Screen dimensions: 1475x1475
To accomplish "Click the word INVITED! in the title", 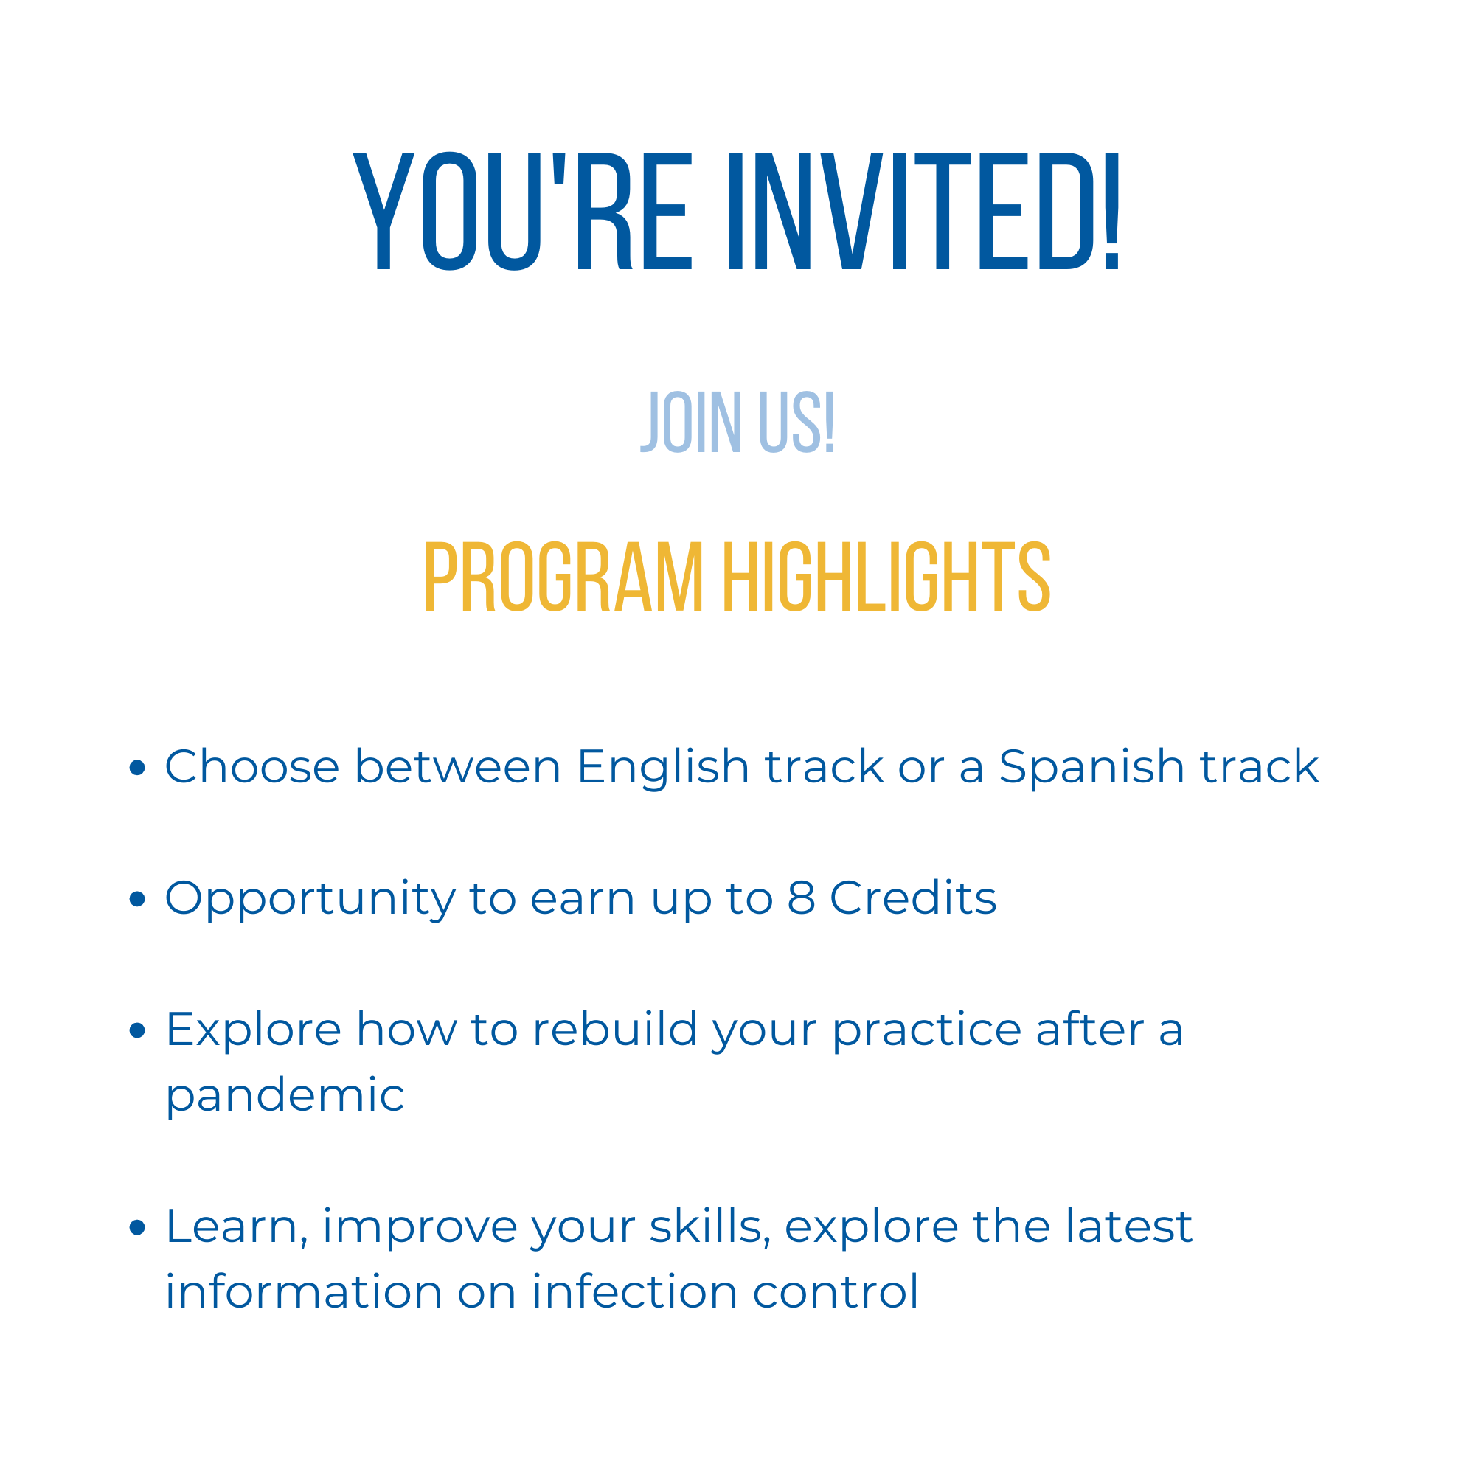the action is [924, 212].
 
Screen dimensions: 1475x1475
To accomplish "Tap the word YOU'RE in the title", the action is [522, 212].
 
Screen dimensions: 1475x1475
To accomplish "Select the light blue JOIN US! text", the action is [737, 422].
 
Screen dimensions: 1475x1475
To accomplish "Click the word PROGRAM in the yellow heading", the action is [563, 577].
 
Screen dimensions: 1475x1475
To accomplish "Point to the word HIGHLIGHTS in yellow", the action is [887, 577].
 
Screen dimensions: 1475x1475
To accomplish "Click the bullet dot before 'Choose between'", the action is [137, 767].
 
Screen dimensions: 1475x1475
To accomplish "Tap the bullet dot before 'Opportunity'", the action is [137, 898].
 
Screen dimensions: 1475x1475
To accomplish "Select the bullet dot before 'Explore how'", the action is [137, 1030].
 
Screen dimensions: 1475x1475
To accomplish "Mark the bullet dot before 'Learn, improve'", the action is [137, 1227].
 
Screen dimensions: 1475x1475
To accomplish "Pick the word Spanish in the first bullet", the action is [1091, 768].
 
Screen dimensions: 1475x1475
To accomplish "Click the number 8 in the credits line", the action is [801, 898].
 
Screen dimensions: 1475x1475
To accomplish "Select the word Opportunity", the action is [310, 901].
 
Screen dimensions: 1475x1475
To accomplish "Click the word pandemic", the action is [285, 1097].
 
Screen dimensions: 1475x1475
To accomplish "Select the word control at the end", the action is [836, 1292].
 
